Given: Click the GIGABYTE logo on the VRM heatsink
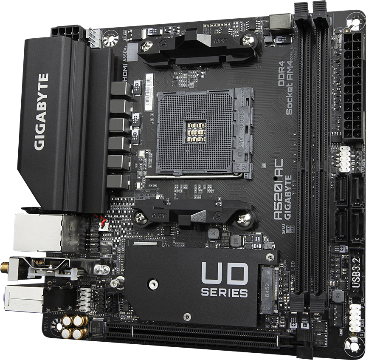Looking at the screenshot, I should [x=41, y=112].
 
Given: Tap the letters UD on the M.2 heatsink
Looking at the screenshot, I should [x=224, y=273].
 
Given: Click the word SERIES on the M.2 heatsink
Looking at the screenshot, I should [x=224, y=293].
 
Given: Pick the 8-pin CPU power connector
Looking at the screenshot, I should [x=68, y=32].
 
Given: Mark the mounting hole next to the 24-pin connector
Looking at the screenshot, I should [x=355, y=20].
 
